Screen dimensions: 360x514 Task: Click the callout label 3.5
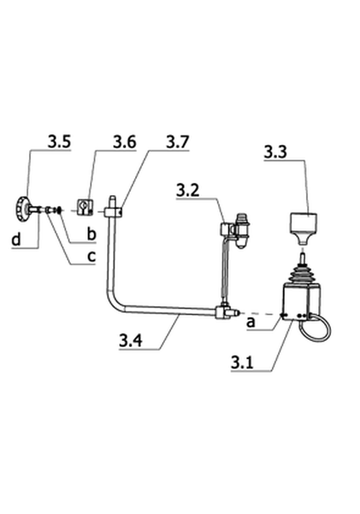pos(59,142)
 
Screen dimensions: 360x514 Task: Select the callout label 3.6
pos(124,142)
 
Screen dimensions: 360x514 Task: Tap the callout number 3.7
pos(178,142)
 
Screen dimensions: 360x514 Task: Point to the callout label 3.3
pos(275,152)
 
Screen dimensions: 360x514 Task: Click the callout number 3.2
pos(188,190)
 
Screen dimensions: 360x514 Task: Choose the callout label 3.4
pos(131,340)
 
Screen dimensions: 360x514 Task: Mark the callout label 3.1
pos(242,362)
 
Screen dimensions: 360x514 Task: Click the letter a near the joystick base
pos(251,322)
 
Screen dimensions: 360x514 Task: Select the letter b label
pos(92,234)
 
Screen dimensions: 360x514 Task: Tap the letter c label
pos(92,256)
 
